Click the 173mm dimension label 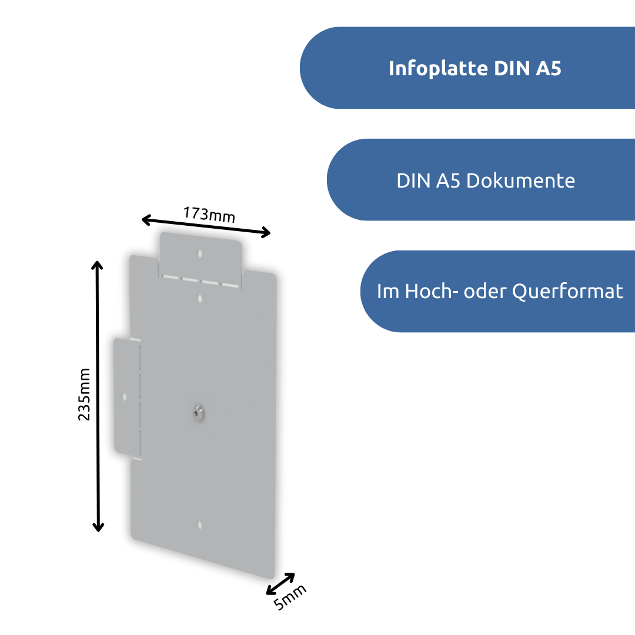209,214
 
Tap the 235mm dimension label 85,395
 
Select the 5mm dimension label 290,598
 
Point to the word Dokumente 520,181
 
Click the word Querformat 567,291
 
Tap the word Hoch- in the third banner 428,291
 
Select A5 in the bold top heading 548,69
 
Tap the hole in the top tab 199,255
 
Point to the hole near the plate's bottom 199,525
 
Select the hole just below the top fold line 200,299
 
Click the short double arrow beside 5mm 280,583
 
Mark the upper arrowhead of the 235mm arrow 98,264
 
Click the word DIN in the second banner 414,181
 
